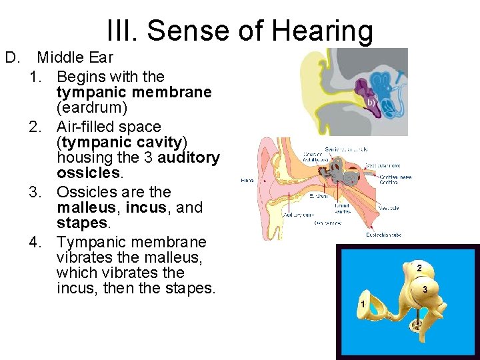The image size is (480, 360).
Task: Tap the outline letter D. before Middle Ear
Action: pyautogui.click(x=12, y=58)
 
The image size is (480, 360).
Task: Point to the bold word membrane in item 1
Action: pyautogui.click(x=175, y=92)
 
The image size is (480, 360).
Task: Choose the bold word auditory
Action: pyautogui.click(x=189, y=157)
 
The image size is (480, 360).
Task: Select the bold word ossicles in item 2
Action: pyautogui.click(x=89, y=173)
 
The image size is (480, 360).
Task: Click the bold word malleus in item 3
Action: pyautogui.click(x=89, y=208)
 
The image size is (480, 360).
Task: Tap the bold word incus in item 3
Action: pyautogui.click(x=145, y=208)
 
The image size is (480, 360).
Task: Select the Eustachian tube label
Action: pyautogui.click(x=383, y=235)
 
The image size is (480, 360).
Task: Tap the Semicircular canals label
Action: pyautogui.click(x=346, y=149)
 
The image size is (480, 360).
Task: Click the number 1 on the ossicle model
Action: pyautogui.click(x=362, y=304)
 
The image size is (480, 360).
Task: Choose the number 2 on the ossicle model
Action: pyautogui.click(x=419, y=267)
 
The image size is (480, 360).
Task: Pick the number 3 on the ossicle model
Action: pyautogui.click(x=425, y=289)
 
